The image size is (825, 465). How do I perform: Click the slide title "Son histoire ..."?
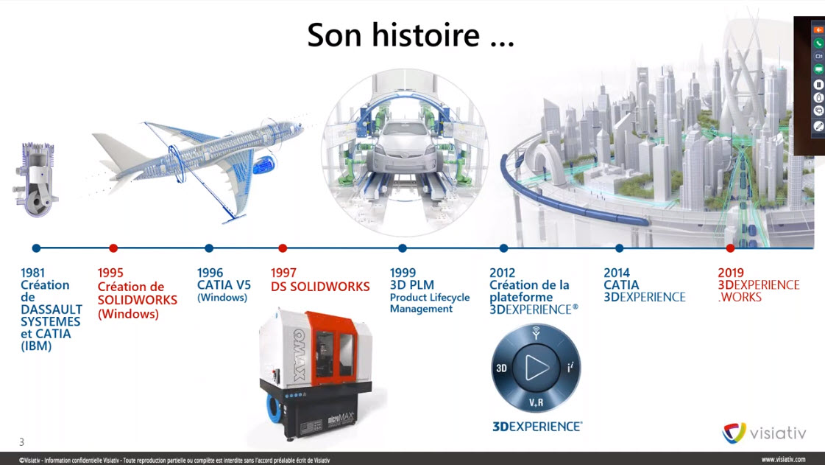coord(411,35)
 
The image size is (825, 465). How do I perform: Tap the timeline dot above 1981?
coord(36,248)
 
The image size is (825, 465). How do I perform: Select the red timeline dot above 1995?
coord(113,248)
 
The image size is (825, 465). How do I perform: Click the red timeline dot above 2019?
coord(730,248)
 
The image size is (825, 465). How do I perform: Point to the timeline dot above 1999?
coord(403,248)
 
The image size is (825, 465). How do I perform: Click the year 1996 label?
coord(210,273)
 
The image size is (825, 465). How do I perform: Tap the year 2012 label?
coord(503,273)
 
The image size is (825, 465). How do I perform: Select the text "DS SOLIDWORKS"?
coord(320,287)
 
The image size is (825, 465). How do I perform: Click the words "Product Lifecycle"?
coord(430,298)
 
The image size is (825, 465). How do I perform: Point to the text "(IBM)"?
coord(36,346)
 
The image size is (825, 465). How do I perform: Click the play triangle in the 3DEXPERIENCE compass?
coord(537,367)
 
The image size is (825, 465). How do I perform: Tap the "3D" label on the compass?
coord(501,368)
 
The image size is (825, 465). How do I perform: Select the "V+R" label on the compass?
coord(537,403)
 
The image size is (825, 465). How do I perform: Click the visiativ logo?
coord(764,433)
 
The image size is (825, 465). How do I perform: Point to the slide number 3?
coord(21,442)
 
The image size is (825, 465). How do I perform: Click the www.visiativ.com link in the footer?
coord(783,460)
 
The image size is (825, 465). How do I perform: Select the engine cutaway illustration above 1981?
coord(36,179)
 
